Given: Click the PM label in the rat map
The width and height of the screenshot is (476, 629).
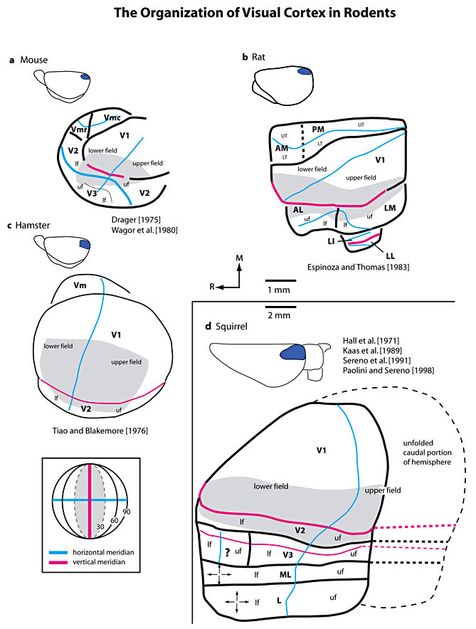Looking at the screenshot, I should [318, 129].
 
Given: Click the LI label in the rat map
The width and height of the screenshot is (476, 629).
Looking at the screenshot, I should [332, 242].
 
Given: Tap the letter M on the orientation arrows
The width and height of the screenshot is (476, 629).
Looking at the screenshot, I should [240, 259].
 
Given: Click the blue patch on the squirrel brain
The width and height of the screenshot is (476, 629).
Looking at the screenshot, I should [292, 354].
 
